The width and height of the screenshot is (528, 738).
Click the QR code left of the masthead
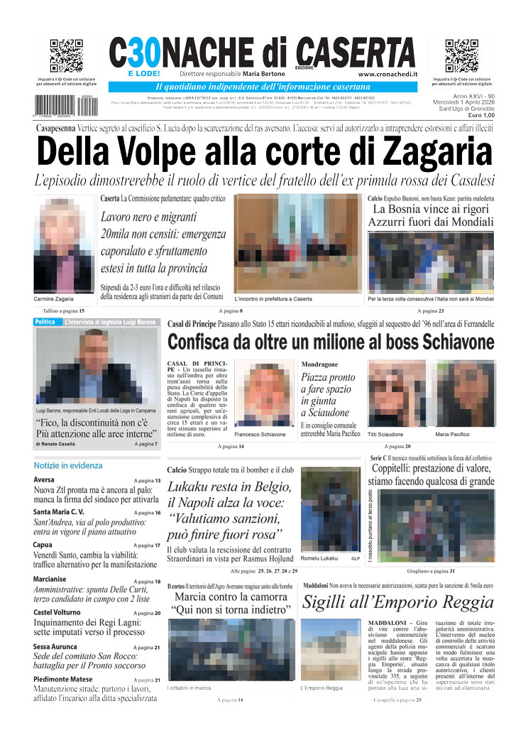[66, 56]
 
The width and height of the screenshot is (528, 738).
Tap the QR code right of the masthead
[462, 56]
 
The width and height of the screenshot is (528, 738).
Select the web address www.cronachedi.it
[387, 74]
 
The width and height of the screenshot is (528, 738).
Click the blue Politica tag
[45, 322]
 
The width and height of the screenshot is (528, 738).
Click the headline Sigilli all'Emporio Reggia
[397, 602]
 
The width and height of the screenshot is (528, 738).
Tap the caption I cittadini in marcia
[189, 688]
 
